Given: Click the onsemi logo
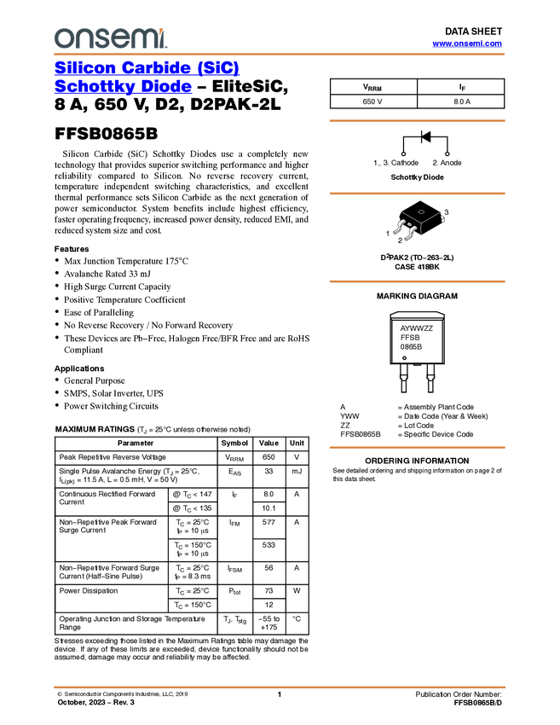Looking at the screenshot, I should [110, 38].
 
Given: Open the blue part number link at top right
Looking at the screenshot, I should [467, 43].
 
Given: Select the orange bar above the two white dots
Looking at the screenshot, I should [417, 120].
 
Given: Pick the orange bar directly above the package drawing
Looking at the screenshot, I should [417, 194].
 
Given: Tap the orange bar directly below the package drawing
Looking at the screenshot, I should [417, 281].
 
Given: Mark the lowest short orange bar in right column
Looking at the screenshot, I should [417, 447].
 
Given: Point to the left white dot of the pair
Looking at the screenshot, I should [403, 154].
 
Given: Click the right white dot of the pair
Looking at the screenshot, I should [447, 154].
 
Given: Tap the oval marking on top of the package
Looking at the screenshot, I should [421, 212].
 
